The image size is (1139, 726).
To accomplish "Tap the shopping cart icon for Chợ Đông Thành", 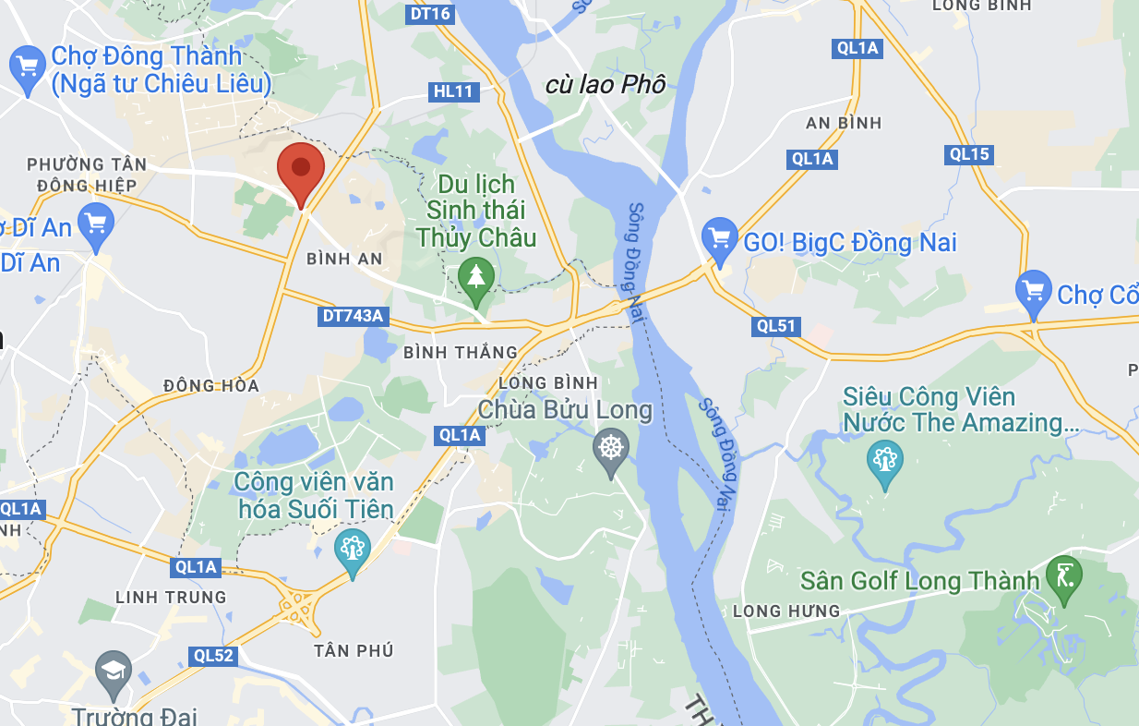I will (x=28, y=67).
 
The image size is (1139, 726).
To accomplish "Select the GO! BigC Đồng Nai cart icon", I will (x=719, y=238).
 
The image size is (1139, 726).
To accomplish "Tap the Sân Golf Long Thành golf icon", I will (x=1064, y=577).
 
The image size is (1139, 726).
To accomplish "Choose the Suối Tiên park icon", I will (x=352, y=551).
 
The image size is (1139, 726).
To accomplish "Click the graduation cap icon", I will (x=114, y=672).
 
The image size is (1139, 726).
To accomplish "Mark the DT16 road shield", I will (x=429, y=13).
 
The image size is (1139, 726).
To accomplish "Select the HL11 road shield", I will (x=453, y=91).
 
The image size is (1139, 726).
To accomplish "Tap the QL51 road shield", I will (x=776, y=326).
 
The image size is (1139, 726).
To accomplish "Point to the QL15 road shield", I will (x=969, y=154).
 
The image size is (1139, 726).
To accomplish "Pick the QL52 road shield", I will (x=214, y=656).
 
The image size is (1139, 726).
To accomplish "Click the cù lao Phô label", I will (x=605, y=85).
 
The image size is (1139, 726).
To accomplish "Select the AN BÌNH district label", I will (x=844, y=123).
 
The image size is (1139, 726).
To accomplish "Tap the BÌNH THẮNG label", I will (x=461, y=352).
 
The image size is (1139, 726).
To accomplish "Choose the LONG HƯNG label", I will (x=786, y=611).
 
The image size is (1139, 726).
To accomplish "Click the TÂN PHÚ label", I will (x=354, y=651).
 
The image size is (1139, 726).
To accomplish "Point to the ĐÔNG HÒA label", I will (x=211, y=385).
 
